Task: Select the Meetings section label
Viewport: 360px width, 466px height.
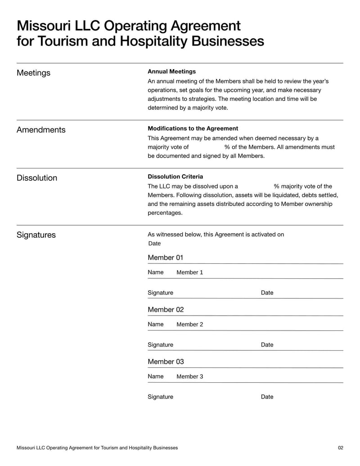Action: point(33,73)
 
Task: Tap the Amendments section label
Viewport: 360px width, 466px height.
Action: point(41,130)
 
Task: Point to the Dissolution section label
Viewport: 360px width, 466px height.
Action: point(37,178)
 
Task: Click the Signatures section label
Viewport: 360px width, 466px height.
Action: point(36,235)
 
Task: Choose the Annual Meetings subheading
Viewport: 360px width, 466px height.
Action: point(171,72)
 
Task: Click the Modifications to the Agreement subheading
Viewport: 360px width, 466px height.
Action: point(193,128)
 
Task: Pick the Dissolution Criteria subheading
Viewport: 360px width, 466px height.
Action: point(175,176)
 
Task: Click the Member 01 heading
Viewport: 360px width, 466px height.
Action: point(166,258)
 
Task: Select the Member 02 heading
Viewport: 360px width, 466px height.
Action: point(166,310)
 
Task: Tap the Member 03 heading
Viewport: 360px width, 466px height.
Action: point(166,362)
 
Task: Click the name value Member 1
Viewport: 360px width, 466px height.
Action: point(189,272)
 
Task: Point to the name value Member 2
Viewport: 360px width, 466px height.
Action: point(189,324)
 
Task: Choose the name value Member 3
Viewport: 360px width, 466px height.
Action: point(189,376)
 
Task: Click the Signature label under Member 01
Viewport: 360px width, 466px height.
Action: point(160,293)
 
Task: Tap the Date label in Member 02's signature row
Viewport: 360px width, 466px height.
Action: point(267,345)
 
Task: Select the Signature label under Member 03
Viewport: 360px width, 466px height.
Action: point(160,397)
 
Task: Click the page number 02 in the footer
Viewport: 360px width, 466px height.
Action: point(340,448)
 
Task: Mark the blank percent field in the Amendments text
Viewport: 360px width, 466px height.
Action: point(206,147)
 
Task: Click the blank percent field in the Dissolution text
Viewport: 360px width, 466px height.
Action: point(256,186)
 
